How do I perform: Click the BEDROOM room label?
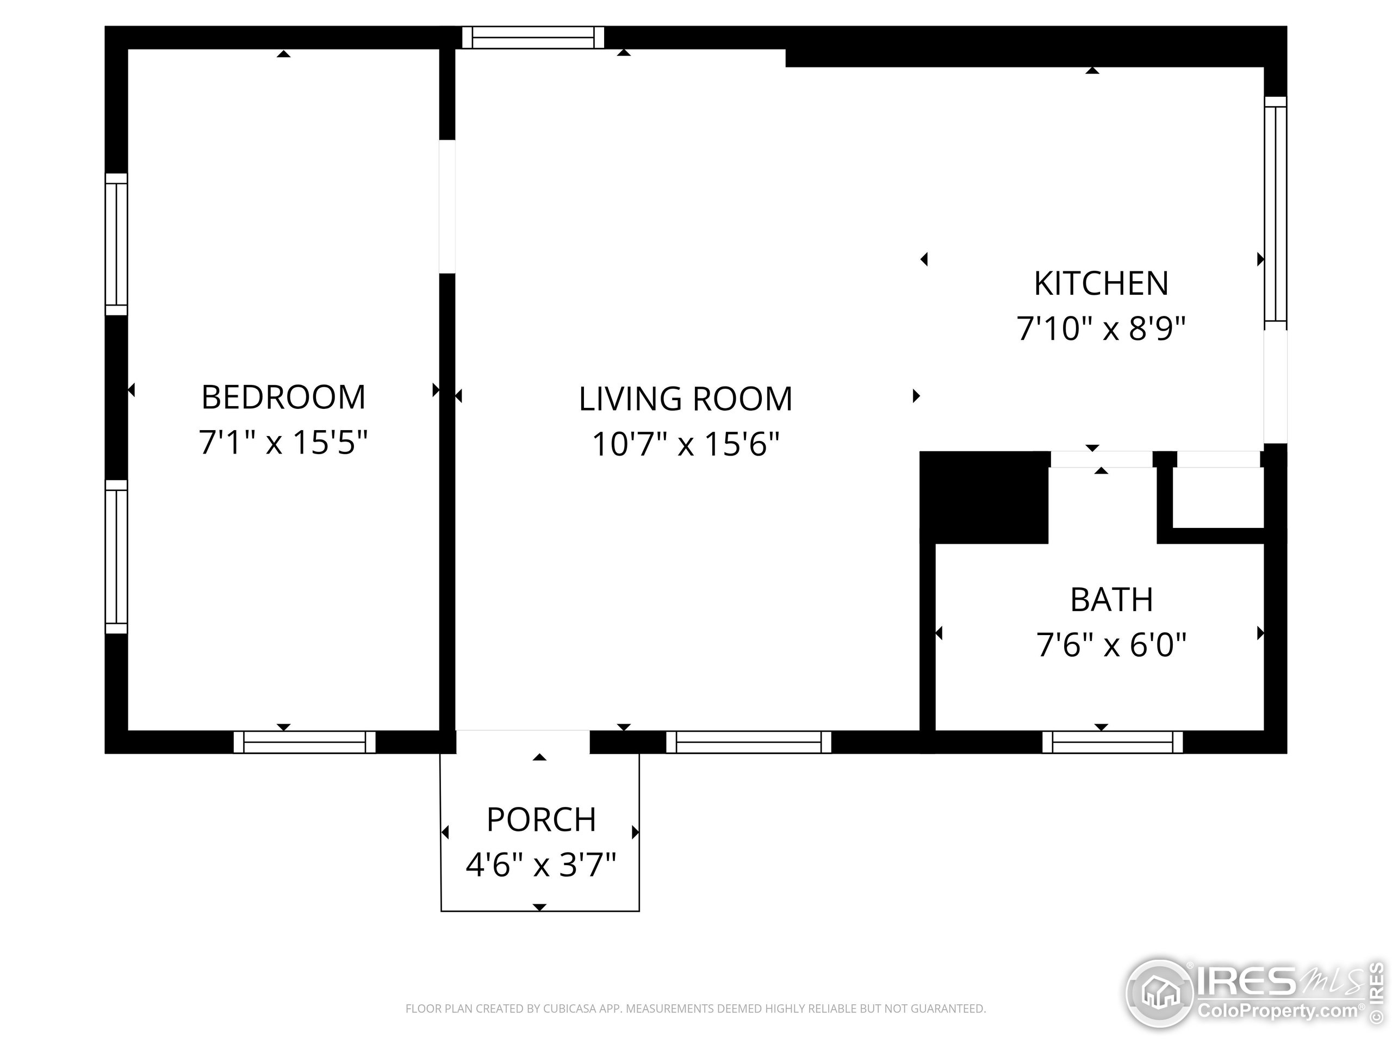tap(283, 397)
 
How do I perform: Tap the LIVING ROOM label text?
tap(685, 399)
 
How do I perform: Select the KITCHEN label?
tap(1101, 283)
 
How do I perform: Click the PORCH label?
tap(541, 819)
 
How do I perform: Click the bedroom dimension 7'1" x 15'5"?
tap(283, 442)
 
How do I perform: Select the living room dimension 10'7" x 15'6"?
tap(685, 444)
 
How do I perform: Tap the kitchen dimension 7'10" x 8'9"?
tap(1101, 328)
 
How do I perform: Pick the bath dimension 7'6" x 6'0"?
tap(1111, 644)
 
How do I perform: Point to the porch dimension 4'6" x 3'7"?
tap(540, 864)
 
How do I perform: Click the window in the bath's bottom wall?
tap(1113, 742)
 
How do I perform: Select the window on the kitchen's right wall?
tap(1276, 213)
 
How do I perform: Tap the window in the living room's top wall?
tap(533, 37)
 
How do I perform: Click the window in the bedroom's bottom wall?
tap(304, 742)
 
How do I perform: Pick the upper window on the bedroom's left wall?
tap(116, 244)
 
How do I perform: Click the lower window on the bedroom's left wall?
tap(116, 557)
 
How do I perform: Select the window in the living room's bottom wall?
tap(749, 742)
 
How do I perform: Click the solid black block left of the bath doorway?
tap(984, 497)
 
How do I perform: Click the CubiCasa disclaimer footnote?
tap(695, 1009)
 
